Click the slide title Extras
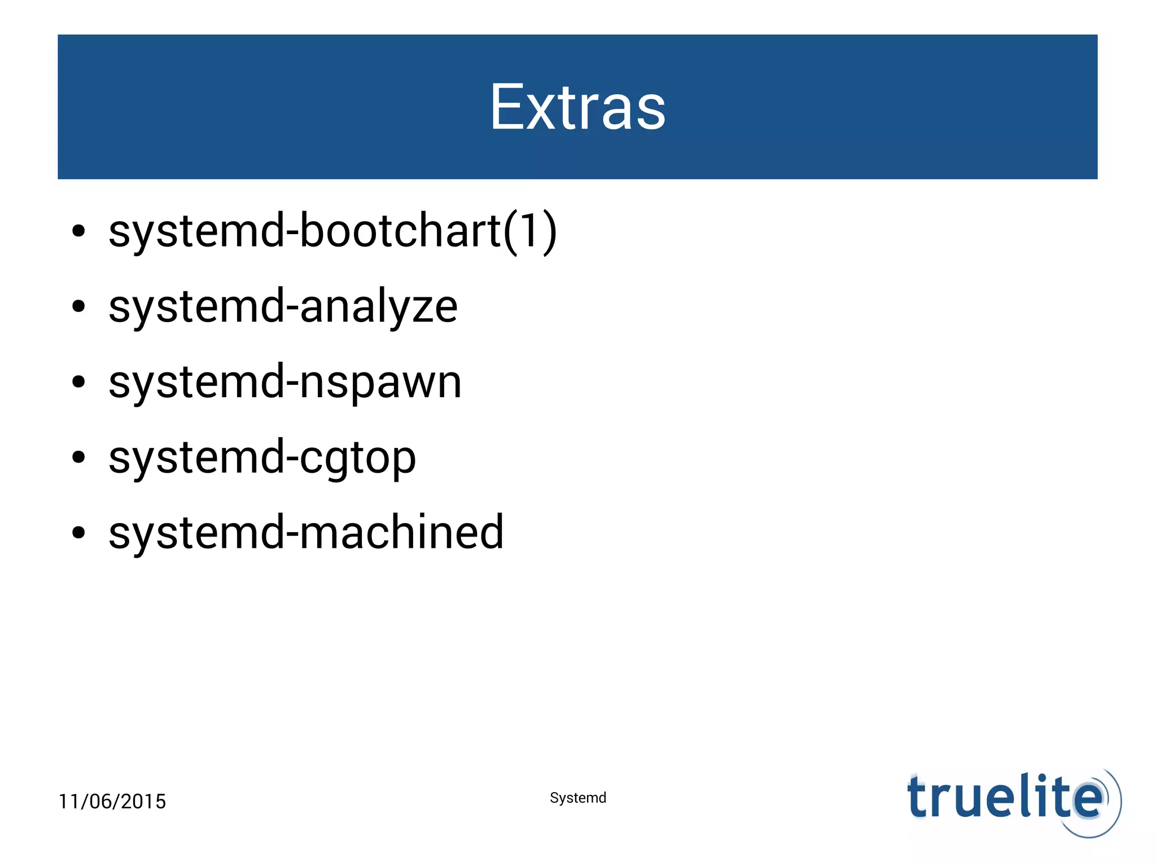[x=577, y=107]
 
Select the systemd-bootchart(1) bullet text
[x=333, y=231]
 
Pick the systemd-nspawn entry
[x=285, y=382]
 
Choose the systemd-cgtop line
[x=262, y=458]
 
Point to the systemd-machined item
[x=306, y=533]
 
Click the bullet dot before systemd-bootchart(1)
[x=78, y=231]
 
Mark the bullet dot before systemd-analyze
[x=78, y=306]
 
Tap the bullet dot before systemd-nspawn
[x=78, y=382]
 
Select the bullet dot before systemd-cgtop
[x=78, y=458]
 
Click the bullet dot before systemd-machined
[x=78, y=533]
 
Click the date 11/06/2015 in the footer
[x=112, y=801]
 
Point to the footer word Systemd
[x=577, y=798]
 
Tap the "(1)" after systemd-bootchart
[x=530, y=231]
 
